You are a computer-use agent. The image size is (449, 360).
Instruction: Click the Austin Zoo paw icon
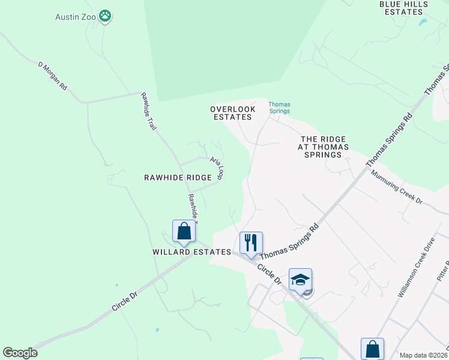tap(106, 16)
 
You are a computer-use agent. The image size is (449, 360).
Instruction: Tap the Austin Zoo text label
tap(76, 16)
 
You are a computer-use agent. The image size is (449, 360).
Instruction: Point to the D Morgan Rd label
tap(53, 75)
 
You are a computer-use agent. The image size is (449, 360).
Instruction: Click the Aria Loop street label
tap(217, 167)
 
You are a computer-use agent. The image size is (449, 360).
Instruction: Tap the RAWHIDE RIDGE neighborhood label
tap(178, 178)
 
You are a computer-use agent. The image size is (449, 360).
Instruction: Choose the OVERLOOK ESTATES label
tap(232, 113)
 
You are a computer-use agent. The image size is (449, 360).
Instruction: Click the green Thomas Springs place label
tap(279, 107)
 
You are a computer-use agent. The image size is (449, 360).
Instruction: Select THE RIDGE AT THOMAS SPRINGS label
tap(324, 146)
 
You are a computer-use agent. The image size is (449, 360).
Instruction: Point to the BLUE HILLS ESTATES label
tap(403, 8)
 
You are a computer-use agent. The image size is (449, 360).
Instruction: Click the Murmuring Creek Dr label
tap(396, 187)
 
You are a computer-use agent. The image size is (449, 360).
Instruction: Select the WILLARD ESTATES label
tap(191, 252)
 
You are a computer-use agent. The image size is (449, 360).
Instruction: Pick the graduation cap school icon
tap(300, 279)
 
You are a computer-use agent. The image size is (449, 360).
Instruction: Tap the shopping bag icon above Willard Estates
tap(184, 231)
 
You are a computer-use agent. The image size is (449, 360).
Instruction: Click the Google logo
tap(20, 353)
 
